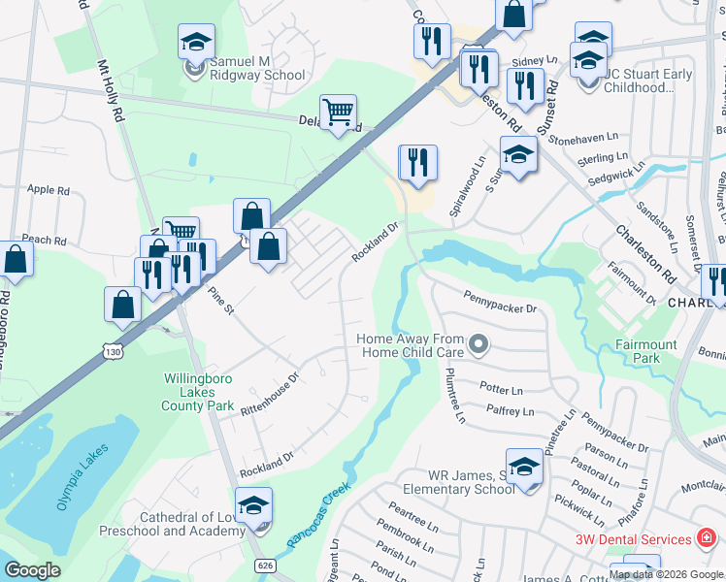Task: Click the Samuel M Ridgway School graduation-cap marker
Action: click(196, 44)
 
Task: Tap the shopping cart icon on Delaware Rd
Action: click(338, 113)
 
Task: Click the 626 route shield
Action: click(263, 564)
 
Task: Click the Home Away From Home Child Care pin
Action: click(478, 343)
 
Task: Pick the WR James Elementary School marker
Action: click(524, 468)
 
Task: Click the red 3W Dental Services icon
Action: click(709, 538)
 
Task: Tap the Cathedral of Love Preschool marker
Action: click(253, 506)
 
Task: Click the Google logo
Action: click(32, 570)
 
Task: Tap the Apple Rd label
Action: click(49, 190)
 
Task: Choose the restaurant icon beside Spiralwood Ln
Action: click(418, 164)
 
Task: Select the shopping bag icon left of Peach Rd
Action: click(16, 259)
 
